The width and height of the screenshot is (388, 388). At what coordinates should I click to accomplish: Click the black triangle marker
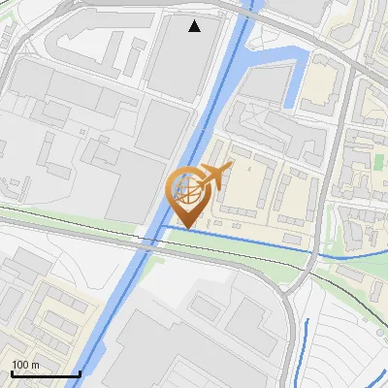click(195, 26)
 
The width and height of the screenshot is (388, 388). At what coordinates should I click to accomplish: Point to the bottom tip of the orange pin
click(185, 230)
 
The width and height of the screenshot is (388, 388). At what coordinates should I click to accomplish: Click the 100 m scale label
click(25, 365)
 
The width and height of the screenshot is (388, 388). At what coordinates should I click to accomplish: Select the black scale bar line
click(45, 374)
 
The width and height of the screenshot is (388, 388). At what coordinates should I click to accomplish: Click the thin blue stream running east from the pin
click(252, 242)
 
